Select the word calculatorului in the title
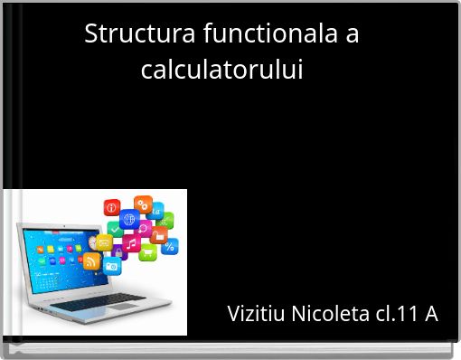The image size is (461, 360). point(221,69)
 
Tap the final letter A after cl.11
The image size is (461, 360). point(430,314)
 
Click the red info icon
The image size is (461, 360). point(112,208)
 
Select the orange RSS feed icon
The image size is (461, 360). point(91,261)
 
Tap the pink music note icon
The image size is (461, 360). point(132,244)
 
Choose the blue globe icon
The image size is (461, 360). point(128,220)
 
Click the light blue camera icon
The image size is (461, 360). point(112,266)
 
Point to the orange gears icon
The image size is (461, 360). point(143,204)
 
